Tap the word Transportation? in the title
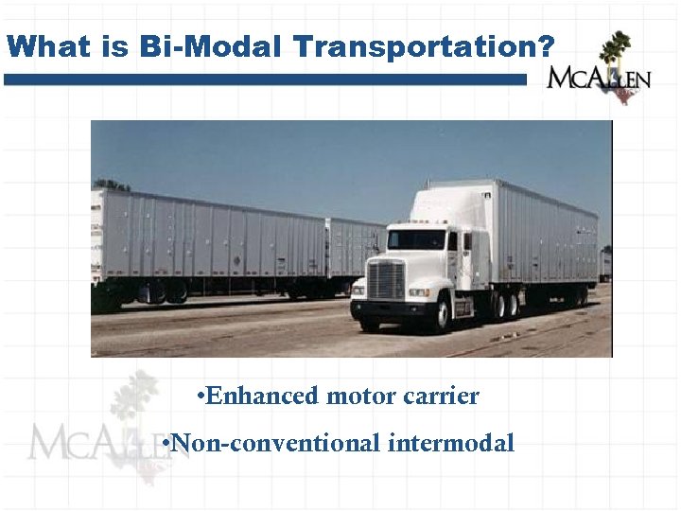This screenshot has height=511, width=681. [410, 47]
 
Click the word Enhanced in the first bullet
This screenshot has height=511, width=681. [261, 396]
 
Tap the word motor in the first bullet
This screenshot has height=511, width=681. [357, 396]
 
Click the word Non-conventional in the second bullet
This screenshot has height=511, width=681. [275, 442]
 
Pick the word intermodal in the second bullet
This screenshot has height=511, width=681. [451, 442]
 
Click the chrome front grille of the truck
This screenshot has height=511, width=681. [385, 280]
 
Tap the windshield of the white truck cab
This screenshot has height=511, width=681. [415, 240]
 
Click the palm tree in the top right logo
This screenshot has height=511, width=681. [616, 47]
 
